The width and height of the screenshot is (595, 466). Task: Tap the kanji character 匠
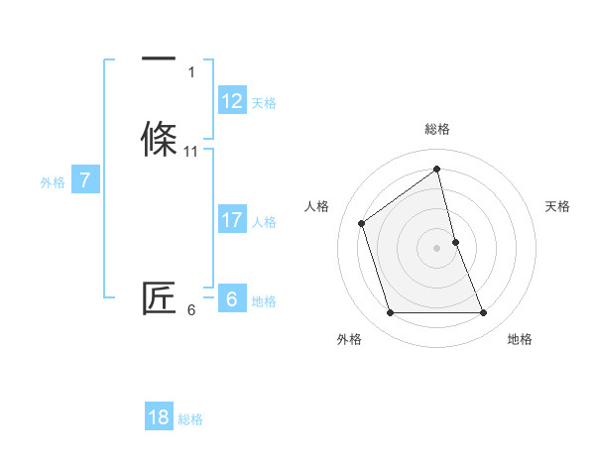tap(160, 299)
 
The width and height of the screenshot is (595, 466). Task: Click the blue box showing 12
tap(232, 101)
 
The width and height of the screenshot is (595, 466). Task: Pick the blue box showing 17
tap(232, 220)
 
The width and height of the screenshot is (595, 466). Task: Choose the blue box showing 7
tap(85, 180)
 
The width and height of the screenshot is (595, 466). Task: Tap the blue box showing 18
tap(159, 417)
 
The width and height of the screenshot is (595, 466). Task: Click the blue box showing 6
tap(232, 299)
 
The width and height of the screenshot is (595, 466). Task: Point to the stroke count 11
tap(191, 152)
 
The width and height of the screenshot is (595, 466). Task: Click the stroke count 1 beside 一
tap(191, 72)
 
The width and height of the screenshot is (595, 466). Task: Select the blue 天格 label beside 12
tap(264, 103)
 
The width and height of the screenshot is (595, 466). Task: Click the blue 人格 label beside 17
tap(264, 222)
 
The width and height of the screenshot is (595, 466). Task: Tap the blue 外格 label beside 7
tap(52, 182)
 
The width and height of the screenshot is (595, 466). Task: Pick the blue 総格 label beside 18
tap(190, 419)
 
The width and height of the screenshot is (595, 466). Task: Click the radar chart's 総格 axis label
tap(437, 129)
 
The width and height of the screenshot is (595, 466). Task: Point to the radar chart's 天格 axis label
tap(557, 206)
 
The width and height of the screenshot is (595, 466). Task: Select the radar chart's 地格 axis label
tap(520, 339)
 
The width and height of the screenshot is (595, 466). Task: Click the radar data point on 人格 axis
tap(362, 223)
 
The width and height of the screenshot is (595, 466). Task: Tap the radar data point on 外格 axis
tap(391, 313)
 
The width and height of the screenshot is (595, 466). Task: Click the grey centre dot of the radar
tap(437, 248)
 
